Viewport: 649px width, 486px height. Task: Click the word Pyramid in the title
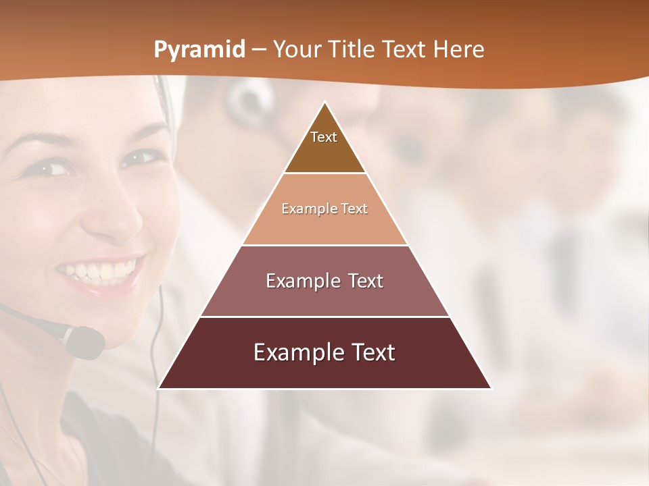pyautogui.click(x=199, y=50)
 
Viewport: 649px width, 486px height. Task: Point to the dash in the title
pyautogui.click(x=259, y=50)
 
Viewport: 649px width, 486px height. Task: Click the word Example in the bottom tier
pyautogui.click(x=295, y=352)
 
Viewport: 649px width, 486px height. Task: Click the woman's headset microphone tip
pyautogui.click(x=88, y=342)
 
